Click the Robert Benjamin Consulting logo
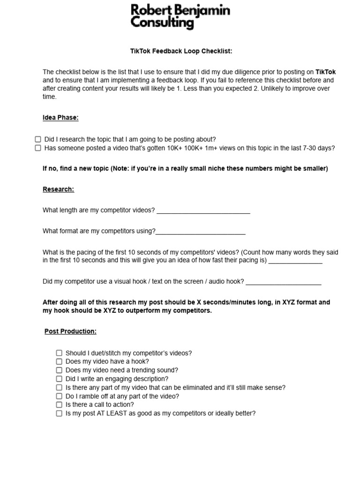(x=180, y=16)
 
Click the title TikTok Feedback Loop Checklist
(x=181, y=51)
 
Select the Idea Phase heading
(x=60, y=118)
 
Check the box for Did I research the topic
(x=38, y=139)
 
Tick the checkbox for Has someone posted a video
(x=38, y=148)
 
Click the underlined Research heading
(x=58, y=189)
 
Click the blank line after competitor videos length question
(x=203, y=211)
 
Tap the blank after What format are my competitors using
(x=201, y=232)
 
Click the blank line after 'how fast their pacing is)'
(x=295, y=261)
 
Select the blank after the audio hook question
(x=284, y=282)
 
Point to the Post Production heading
(x=70, y=331)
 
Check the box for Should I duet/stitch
(x=59, y=353)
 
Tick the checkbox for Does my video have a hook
(x=59, y=361)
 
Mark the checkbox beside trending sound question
(x=59, y=370)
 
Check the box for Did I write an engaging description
(x=59, y=379)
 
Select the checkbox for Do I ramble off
(x=59, y=396)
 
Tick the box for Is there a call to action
(x=59, y=405)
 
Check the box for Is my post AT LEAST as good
(x=59, y=413)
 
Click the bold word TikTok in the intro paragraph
(x=326, y=72)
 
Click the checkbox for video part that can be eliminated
(x=59, y=388)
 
